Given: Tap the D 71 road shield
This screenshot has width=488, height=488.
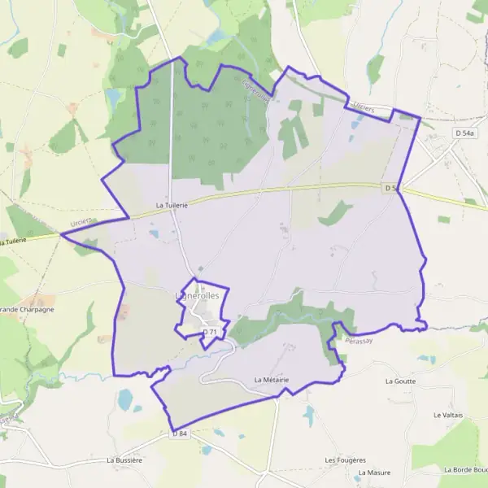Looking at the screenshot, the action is (x=210, y=332).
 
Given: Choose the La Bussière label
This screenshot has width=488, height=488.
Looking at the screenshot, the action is (x=124, y=460).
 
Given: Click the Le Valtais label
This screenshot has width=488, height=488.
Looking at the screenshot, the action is (x=448, y=415).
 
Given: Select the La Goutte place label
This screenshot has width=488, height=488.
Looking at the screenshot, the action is (x=401, y=381).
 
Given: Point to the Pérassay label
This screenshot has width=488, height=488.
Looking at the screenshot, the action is (x=359, y=341).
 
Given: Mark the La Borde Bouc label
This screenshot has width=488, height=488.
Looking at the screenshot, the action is (x=465, y=469).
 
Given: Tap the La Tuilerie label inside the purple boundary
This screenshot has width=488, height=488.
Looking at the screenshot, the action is (x=172, y=206).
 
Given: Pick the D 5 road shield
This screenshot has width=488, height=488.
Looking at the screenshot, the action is (x=391, y=188).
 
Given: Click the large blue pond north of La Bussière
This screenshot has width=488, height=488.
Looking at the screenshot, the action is (x=124, y=399).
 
